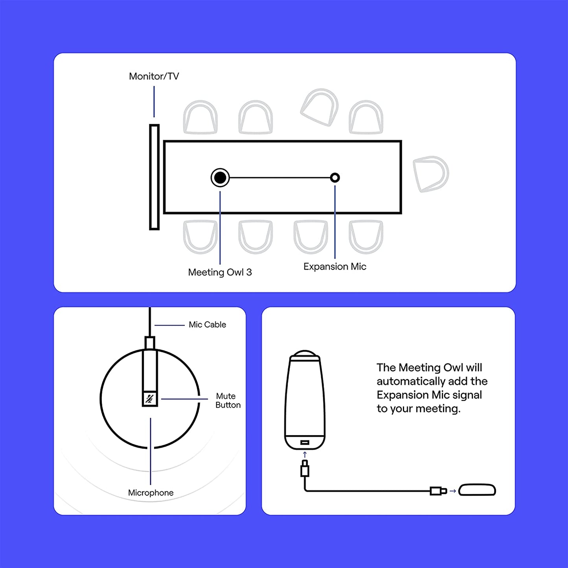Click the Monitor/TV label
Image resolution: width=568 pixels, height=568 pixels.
click(x=154, y=76)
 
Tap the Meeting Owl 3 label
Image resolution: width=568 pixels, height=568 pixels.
click(x=220, y=272)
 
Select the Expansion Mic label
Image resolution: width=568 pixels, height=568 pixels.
click(x=335, y=267)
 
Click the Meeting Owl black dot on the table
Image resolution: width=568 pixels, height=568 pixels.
click(x=220, y=178)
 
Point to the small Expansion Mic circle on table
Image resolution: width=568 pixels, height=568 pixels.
click(x=335, y=178)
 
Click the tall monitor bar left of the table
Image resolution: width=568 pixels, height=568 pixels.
click(x=154, y=177)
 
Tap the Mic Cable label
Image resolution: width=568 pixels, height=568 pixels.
click(x=207, y=325)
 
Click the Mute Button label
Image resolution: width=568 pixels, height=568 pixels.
click(x=228, y=401)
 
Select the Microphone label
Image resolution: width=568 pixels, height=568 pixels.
click(x=151, y=493)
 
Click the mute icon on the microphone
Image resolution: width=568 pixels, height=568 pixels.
click(x=149, y=399)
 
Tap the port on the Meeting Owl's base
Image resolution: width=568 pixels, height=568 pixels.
click(x=305, y=443)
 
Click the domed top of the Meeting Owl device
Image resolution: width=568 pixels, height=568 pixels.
click(x=305, y=354)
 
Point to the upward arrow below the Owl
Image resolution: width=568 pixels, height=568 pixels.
click(x=305, y=455)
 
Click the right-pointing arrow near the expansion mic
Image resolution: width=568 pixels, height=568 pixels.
click(x=452, y=491)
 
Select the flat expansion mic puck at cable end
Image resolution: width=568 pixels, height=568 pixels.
click(x=477, y=490)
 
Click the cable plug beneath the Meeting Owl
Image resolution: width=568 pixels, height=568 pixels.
click(x=305, y=469)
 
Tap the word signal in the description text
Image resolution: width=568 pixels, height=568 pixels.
click(x=467, y=395)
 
